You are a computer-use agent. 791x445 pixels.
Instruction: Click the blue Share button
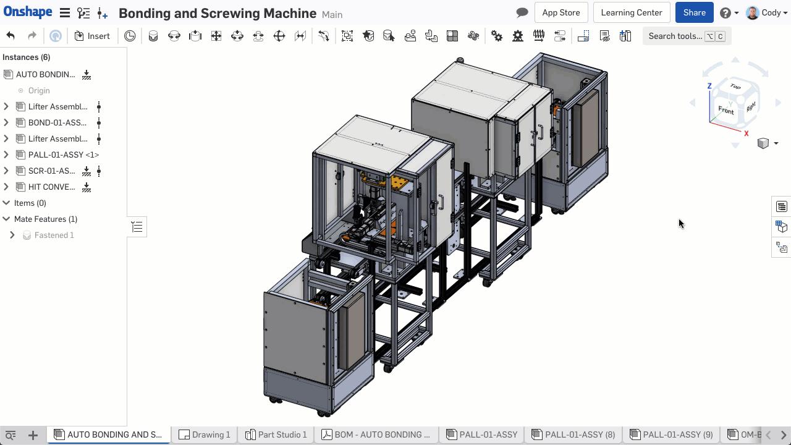pos(694,12)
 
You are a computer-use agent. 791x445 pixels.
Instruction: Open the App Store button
pos(560,12)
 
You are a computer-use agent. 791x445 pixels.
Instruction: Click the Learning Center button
pos(631,12)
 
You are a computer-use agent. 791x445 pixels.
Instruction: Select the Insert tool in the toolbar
pos(92,36)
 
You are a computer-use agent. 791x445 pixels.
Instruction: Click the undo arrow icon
pos(11,36)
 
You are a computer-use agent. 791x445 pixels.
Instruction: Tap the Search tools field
pos(675,36)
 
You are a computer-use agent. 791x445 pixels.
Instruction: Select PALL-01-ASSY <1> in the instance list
pos(63,155)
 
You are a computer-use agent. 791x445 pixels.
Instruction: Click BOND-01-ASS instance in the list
pos(57,122)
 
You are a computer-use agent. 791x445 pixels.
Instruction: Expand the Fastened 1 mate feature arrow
pos(12,235)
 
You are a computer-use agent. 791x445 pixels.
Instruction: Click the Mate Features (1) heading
pos(45,219)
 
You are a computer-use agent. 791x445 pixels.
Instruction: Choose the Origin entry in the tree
pos(38,90)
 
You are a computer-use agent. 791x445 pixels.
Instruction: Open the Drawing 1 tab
pos(205,434)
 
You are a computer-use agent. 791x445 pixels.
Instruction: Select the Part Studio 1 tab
pos(276,434)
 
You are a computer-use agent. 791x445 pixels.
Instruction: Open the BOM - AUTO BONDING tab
pos(376,434)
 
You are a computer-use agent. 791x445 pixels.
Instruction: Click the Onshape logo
pos(27,12)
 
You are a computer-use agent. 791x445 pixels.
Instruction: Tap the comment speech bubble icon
pos(522,12)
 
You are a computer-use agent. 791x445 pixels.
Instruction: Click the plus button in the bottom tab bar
pos(33,435)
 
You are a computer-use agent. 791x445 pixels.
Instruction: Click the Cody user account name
pos(771,12)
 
